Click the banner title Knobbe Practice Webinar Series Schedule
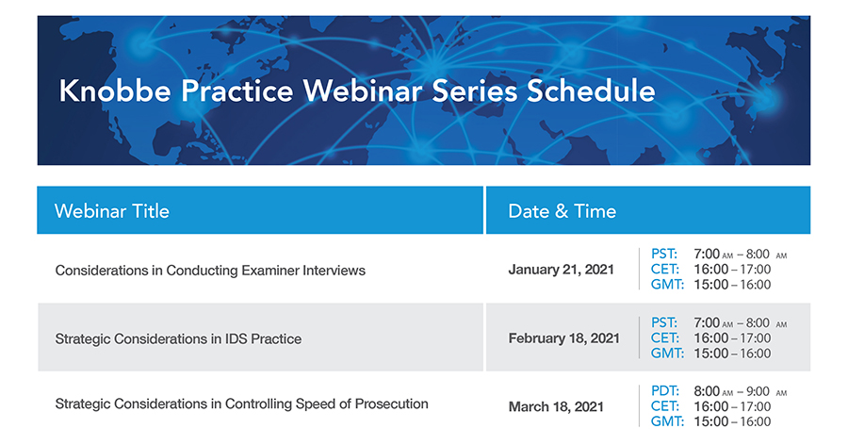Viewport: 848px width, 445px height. tap(356, 91)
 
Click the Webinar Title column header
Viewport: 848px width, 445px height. tap(112, 211)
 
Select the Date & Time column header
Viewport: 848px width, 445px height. tap(562, 211)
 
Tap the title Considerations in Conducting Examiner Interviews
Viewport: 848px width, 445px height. tap(210, 271)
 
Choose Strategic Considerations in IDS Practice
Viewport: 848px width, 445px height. tap(178, 338)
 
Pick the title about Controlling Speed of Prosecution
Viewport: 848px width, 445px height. tap(241, 404)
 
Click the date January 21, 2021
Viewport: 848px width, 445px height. tap(561, 270)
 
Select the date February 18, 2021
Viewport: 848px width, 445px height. tap(563, 338)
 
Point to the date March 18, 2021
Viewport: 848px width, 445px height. tap(556, 407)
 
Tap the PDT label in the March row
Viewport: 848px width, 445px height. tap(665, 391)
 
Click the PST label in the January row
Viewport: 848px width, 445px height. tap(664, 255)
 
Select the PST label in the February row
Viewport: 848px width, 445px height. tap(664, 323)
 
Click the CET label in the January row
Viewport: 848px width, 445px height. tap(665, 270)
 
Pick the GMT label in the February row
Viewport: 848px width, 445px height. tap(667, 354)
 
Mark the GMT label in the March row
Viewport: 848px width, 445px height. tap(667, 421)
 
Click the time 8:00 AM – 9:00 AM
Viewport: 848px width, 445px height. tap(740, 391)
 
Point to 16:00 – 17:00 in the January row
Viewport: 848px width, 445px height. tap(732, 270)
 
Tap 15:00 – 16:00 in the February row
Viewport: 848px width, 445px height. tap(732, 354)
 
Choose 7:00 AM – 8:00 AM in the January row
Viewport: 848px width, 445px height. tap(740, 255)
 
